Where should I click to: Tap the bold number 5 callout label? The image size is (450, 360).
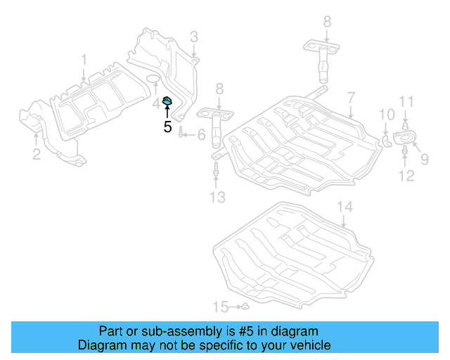[x=167, y=127]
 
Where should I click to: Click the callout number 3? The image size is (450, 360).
[x=193, y=37]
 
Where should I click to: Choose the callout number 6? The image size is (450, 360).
[x=200, y=134]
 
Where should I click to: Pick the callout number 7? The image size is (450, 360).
[x=350, y=95]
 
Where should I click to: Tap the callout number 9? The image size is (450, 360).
[x=424, y=159]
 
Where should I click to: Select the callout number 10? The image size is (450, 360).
[x=387, y=114]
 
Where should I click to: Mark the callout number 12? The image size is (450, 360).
[x=407, y=174]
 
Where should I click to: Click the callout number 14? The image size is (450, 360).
[x=343, y=207]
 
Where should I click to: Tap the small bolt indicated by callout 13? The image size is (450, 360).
[x=216, y=169]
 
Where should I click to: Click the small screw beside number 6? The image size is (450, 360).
[x=181, y=134]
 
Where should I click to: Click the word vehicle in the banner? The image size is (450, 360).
[x=311, y=345]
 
